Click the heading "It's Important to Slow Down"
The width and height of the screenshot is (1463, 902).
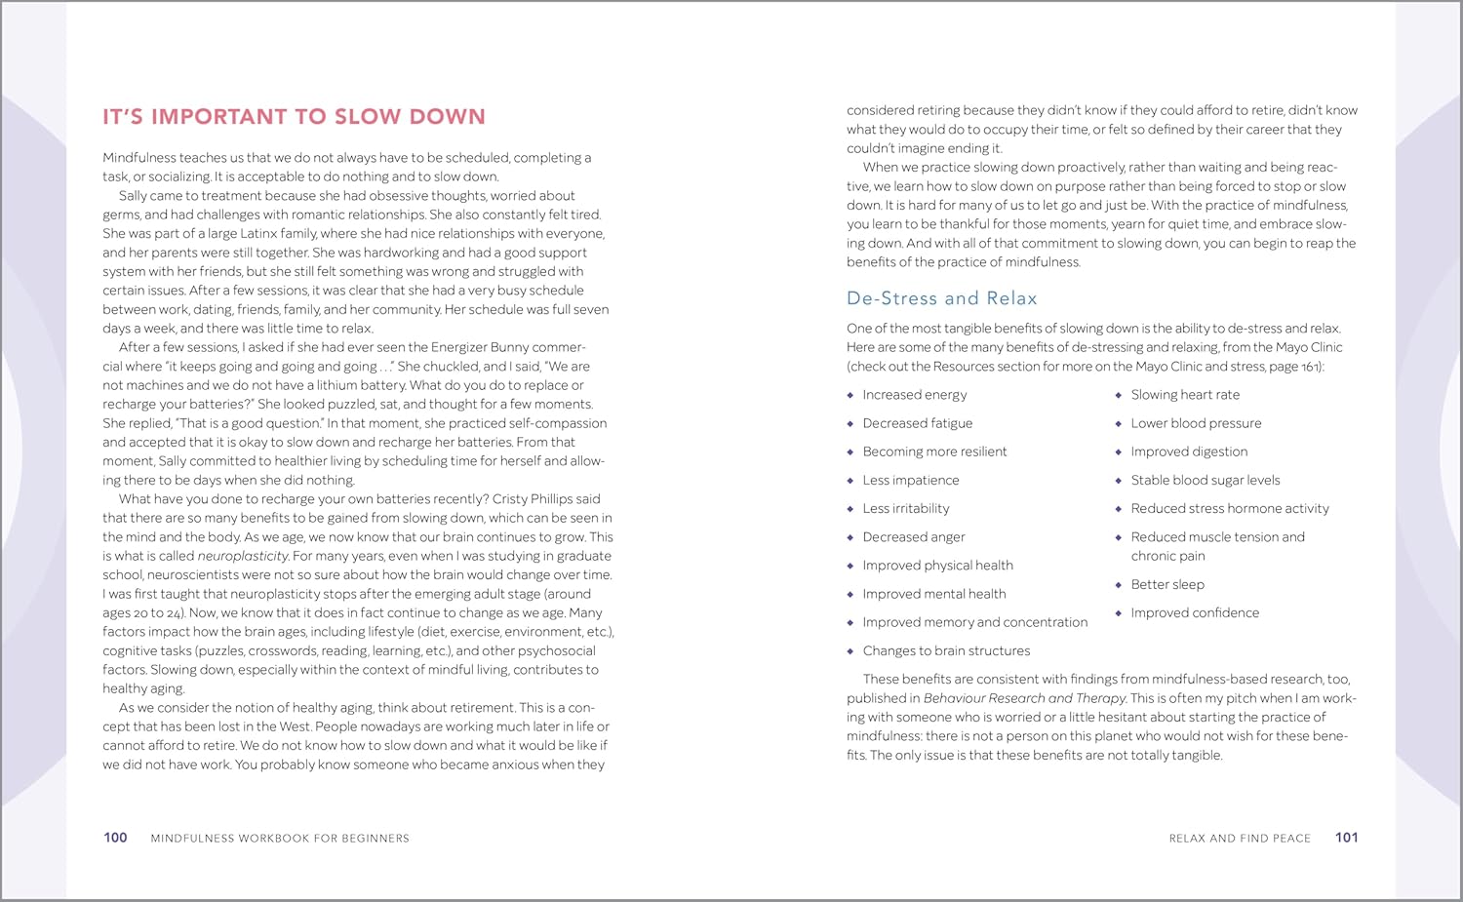coord(294,117)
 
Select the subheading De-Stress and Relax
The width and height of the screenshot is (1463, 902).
coord(941,298)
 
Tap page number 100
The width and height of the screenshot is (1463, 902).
coord(115,838)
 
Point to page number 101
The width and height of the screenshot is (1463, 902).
coord(1346,838)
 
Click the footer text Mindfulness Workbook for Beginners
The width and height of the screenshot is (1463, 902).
coord(280,839)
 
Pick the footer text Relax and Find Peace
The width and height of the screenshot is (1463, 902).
coord(1240,839)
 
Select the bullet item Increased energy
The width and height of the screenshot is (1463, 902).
coord(914,395)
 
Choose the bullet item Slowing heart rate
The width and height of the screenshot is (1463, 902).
coord(1185,395)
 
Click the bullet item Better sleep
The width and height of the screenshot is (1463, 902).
coord(1166,585)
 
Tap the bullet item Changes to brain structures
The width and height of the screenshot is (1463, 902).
coord(946,651)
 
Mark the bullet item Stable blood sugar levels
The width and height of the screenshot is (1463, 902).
coord(1205,481)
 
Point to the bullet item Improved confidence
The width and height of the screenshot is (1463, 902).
coord(1195,613)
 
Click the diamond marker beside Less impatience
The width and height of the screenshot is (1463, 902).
coord(850,481)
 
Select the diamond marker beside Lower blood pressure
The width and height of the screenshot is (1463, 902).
coord(1119,424)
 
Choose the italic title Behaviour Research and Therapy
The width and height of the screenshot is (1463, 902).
coord(1024,698)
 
